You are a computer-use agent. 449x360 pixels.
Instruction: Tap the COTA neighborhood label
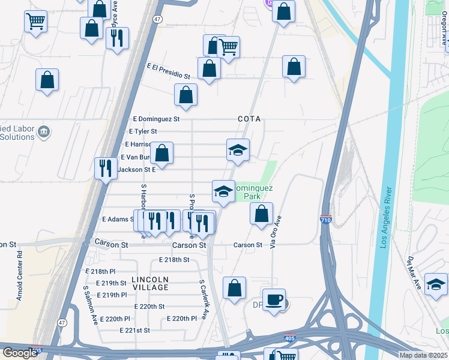(249, 119)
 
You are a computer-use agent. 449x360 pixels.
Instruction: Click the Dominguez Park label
(253, 192)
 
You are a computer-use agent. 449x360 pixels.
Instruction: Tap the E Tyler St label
(143, 131)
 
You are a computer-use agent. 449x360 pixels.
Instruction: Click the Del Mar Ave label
(414, 272)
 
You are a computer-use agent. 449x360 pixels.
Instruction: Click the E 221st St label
(134, 331)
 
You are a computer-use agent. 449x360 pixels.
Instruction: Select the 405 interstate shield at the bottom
(290, 339)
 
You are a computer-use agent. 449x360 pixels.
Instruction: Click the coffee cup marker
(274, 300)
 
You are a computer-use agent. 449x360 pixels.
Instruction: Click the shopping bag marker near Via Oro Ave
(261, 214)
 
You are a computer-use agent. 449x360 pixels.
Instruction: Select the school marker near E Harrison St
(238, 150)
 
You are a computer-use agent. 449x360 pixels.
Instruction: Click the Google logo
(20, 353)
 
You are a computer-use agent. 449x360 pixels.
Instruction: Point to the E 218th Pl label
(100, 272)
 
